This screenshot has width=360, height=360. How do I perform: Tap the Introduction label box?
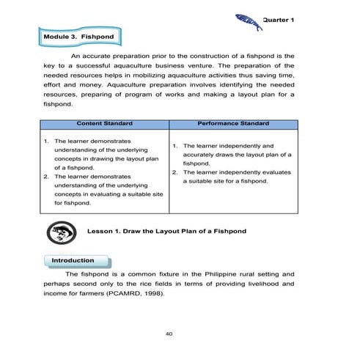point(74,260)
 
